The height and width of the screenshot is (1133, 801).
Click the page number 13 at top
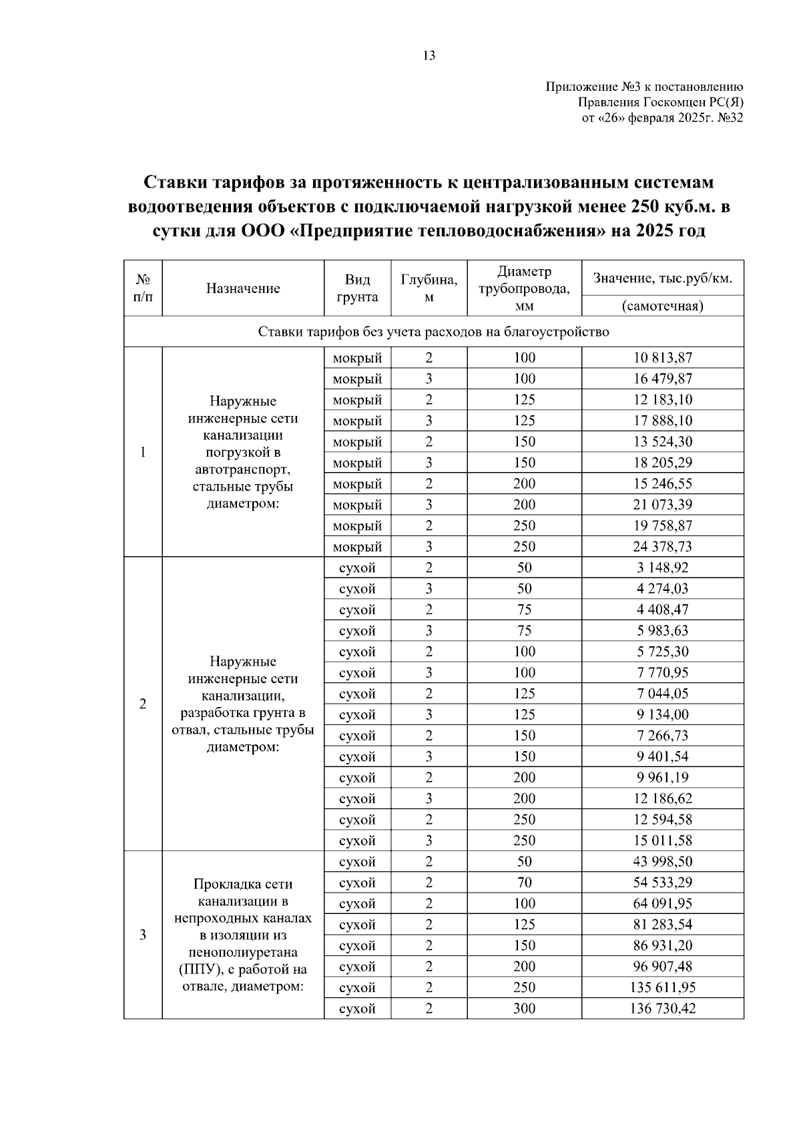(429, 55)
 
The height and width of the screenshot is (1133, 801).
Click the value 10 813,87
(662, 357)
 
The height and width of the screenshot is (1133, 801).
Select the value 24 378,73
(662, 546)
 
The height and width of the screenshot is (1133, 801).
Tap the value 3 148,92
(662, 568)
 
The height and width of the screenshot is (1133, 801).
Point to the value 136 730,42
(662, 1008)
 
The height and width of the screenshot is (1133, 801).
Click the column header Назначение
(243, 288)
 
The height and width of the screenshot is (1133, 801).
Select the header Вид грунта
(357, 288)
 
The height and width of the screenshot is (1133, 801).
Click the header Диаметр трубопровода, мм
(524, 288)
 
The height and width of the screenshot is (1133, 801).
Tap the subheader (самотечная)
(662, 306)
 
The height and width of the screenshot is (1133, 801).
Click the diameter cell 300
(524, 1008)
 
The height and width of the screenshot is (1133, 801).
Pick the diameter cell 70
(524, 882)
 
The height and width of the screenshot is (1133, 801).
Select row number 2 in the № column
(143, 704)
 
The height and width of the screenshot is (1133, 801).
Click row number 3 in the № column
(143, 935)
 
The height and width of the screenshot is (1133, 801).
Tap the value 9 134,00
(662, 714)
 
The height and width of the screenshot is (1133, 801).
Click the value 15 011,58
(662, 840)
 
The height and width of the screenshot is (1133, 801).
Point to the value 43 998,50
(662, 861)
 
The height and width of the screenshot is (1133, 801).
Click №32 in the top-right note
(730, 118)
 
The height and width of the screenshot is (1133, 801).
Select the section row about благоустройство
(433, 332)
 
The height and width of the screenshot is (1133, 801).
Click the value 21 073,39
(662, 504)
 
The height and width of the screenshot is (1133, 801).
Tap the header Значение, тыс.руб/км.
(662, 278)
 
